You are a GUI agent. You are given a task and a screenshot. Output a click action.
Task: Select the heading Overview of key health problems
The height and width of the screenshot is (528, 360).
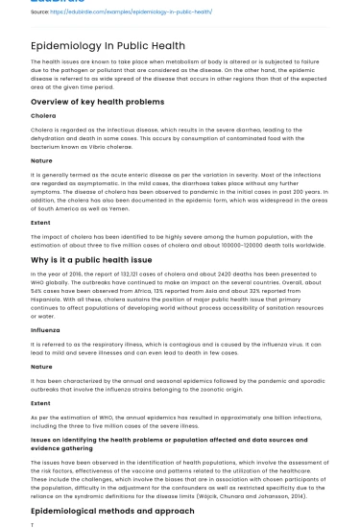[x=92, y=102]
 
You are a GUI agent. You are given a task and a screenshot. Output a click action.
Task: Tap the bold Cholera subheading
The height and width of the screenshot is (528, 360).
[x=43, y=116]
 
